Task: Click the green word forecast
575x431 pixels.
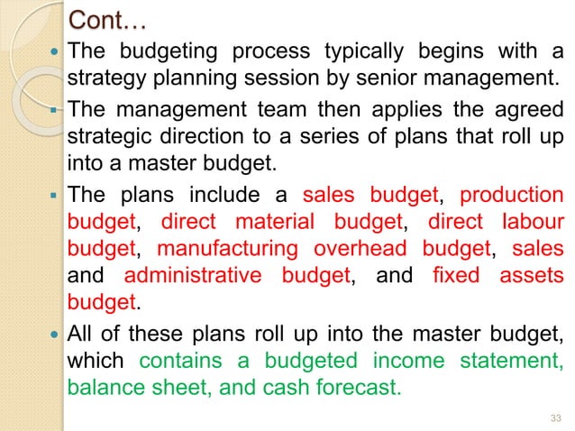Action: point(355,389)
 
